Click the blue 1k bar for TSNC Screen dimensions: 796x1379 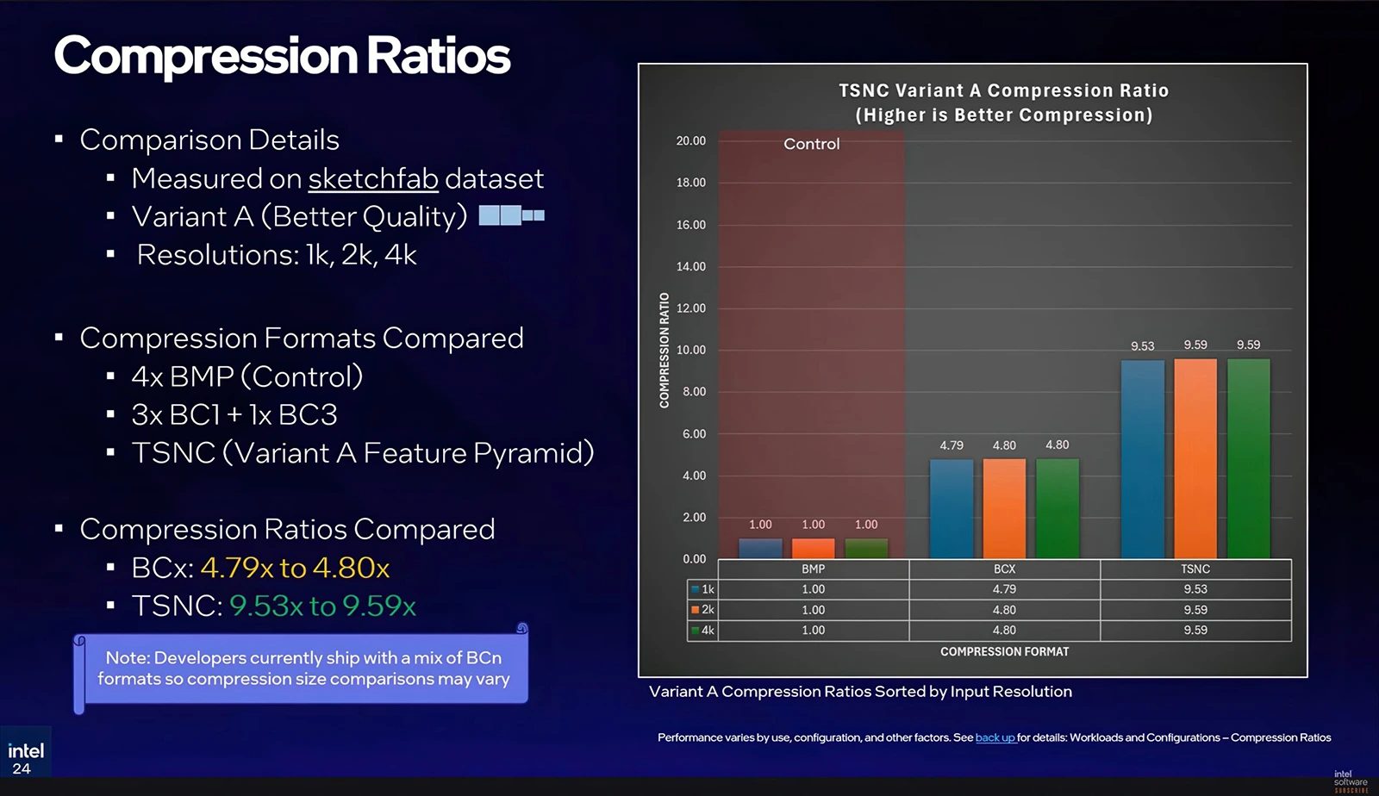coord(1143,459)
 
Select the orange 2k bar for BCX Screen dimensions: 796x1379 coord(1004,508)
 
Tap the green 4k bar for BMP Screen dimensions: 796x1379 coord(866,549)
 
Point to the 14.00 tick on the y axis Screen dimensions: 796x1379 coord(690,266)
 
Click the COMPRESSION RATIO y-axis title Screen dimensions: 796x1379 coord(665,350)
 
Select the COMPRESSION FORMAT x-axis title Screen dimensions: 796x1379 coord(1004,651)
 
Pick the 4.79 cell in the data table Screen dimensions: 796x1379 coord(1004,589)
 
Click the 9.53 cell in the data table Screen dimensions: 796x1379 coord(1195,589)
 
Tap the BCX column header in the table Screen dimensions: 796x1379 coord(1004,569)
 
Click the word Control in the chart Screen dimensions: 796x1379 coord(811,144)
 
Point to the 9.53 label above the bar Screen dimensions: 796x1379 coord(1142,346)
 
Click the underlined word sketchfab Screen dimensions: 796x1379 coord(373,178)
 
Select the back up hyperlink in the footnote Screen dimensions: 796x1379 coord(995,737)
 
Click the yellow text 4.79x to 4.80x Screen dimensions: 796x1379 coord(295,568)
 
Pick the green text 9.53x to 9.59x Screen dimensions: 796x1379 coord(322,606)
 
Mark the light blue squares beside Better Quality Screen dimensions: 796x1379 coord(511,215)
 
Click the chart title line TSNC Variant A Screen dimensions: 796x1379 coord(1003,90)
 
